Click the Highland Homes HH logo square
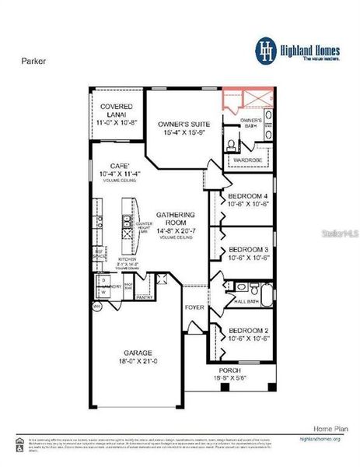(267, 51)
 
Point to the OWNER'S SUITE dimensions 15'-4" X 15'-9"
(184, 133)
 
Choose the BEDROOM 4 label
(249, 195)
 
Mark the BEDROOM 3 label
(249, 251)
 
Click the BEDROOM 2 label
(249, 330)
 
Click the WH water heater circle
(97, 307)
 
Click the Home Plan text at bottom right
(323, 428)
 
